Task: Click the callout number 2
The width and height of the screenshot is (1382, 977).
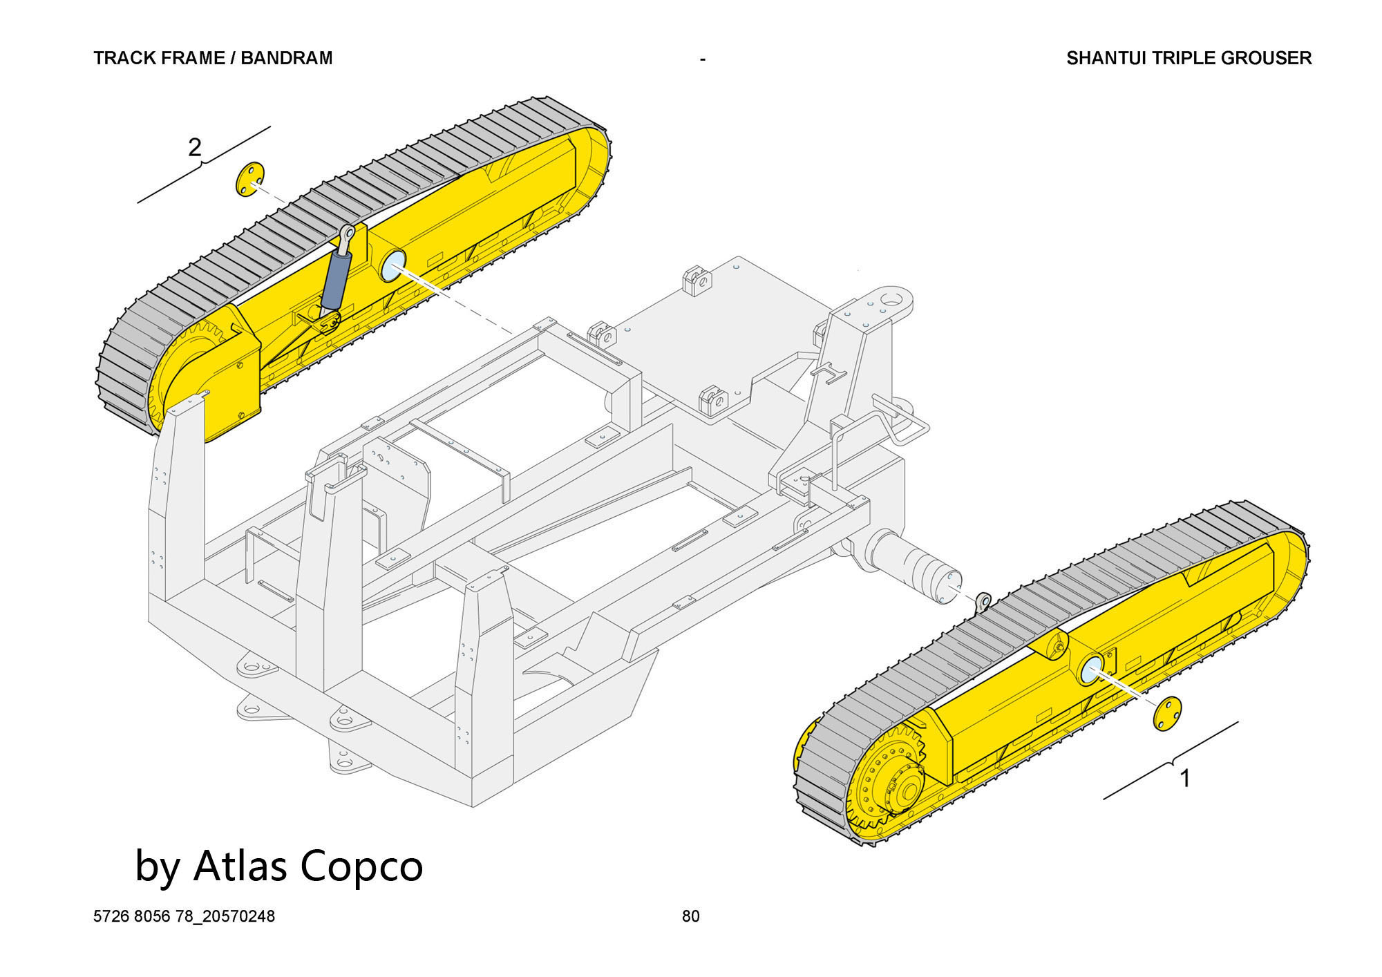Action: click(195, 147)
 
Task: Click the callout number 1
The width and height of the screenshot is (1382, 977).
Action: click(1185, 778)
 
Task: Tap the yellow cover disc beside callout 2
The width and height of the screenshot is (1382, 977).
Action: click(249, 180)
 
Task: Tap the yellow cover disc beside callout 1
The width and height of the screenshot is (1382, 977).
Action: click(1167, 713)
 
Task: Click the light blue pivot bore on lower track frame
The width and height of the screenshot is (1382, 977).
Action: click(1092, 671)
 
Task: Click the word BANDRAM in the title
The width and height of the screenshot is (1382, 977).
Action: click(287, 58)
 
